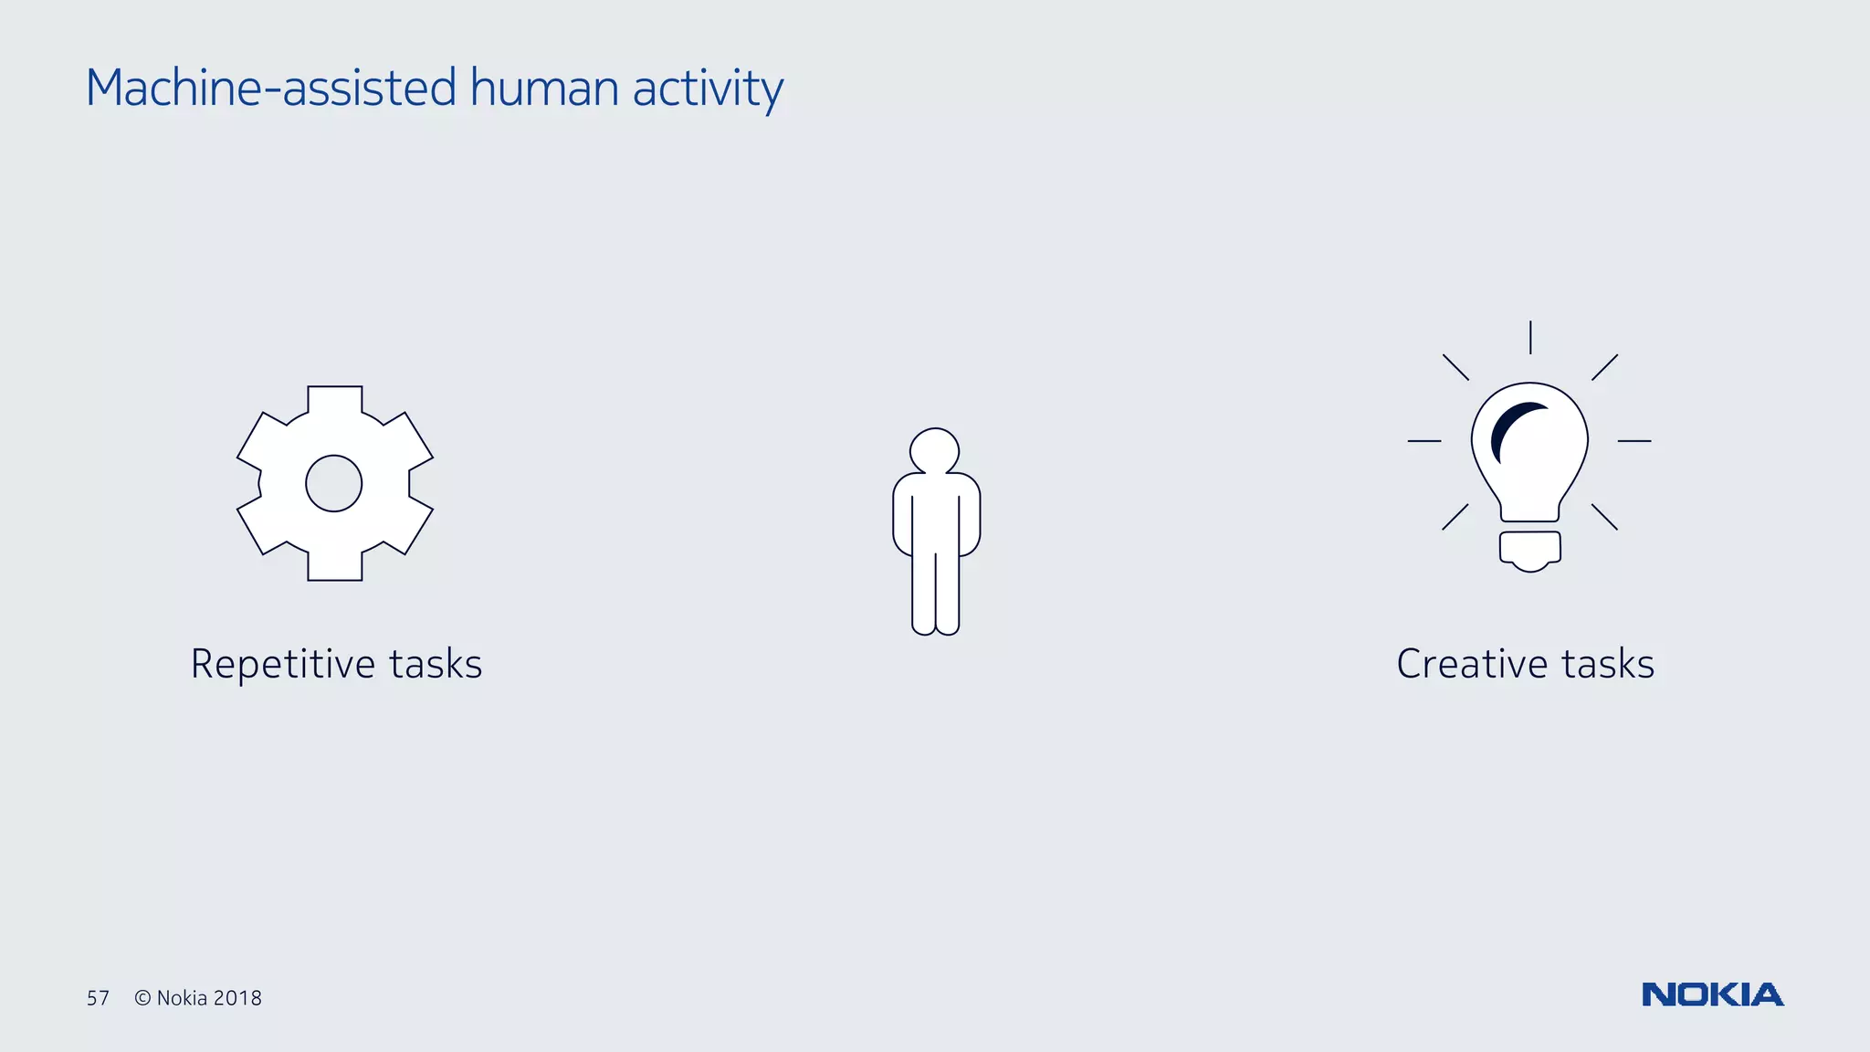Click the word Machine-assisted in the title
270,89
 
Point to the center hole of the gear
334,484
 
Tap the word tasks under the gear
436,664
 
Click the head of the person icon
934,451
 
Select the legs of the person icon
935,594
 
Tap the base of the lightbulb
1530,549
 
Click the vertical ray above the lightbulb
1530,337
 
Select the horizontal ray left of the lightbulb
1424,441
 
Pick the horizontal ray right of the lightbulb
1634,441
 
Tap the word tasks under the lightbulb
1608,664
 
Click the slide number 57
98,998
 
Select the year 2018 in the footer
237,998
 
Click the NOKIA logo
1712,994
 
